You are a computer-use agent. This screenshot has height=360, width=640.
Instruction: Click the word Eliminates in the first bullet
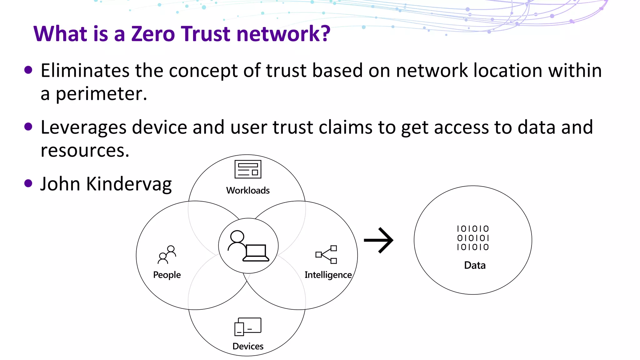click(85, 71)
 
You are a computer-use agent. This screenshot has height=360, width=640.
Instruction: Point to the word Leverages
click(83, 128)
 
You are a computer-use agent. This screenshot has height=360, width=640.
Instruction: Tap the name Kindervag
click(129, 184)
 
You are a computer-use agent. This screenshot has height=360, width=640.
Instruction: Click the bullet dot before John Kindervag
click(28, 183)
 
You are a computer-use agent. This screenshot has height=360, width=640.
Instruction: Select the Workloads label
click(248, 190)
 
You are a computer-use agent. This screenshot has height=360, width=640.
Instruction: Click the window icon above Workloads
click(248, 169)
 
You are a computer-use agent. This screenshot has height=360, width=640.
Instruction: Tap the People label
click(167, 275)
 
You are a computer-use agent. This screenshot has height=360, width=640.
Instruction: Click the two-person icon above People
click(167, 255)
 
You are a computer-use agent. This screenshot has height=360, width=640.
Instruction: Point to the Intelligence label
click(328, 275)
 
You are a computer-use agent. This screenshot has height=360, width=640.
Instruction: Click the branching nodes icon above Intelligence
click(326, 254)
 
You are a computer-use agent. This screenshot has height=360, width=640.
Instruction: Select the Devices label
click(248, 346)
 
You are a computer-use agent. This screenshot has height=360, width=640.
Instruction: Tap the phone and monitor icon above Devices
click(248, 327)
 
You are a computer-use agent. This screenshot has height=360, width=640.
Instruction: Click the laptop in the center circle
click(256, 253)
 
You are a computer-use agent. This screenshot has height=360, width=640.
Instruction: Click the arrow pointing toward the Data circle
click(379, 240)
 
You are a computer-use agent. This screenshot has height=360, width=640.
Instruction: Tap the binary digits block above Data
click(473, 238)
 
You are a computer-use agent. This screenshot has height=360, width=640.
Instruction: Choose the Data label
click(475, 265)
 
